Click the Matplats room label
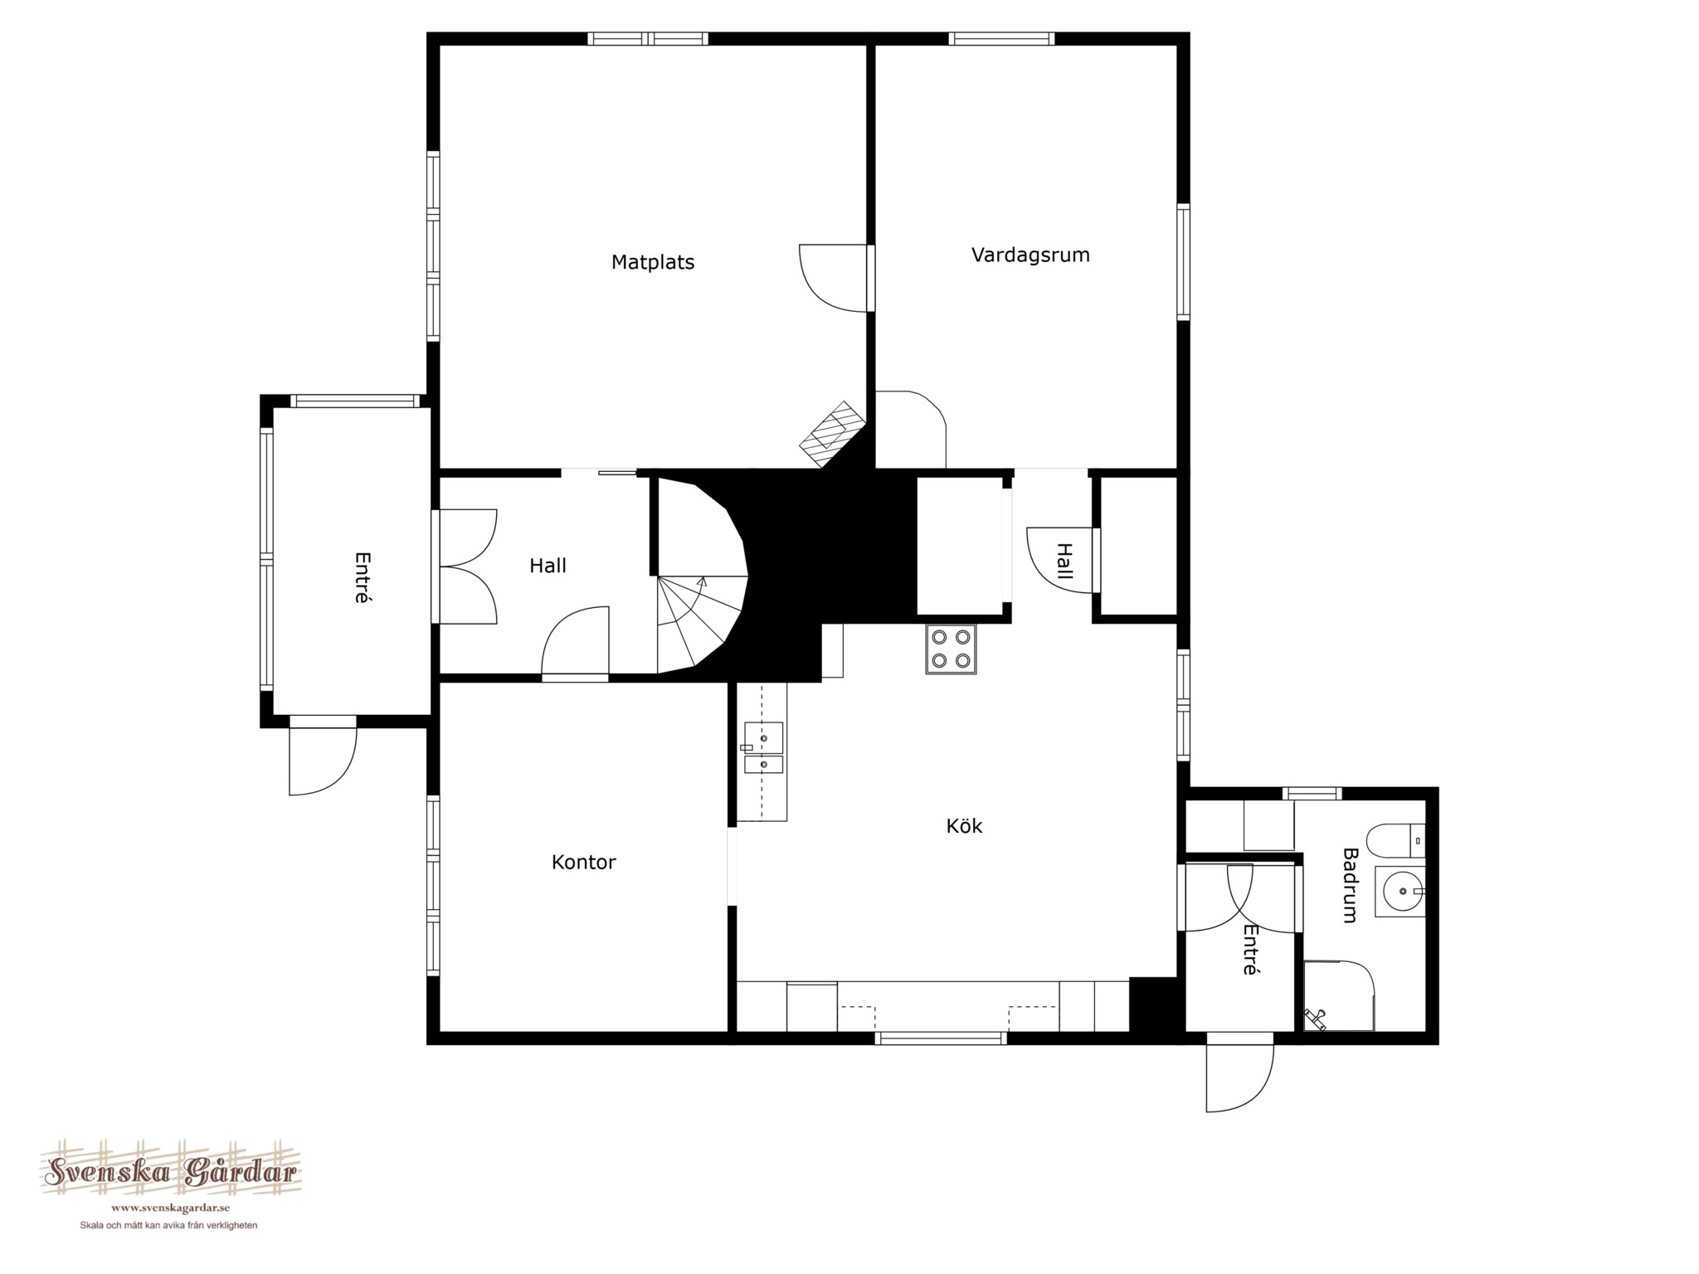pyautogui.click(x=653, y=263)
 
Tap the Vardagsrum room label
pyautogui.click(x=1030, y=255)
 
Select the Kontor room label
pyautogui.click(x=583, y=863)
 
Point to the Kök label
pyautogui.click(x=964, y=826)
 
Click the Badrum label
pyautogui.click(x=1349, y=886)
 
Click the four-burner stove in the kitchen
pyautogui.click(x=951, y=649)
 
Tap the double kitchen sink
pyautogui.click(x=762, y=747)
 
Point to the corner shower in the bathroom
pyautogui.click(x=1338, y=996)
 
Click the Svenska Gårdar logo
pyautogui.click(x=171, y=1173)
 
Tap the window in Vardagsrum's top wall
pyautogui.click(x=1001, y=38)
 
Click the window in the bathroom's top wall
pyautogui.click(x=1312, y=794)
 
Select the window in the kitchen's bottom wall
pyautogui.click(x=941, y=1038)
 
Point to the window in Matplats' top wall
pyautogui.click(x=648, y=38)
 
